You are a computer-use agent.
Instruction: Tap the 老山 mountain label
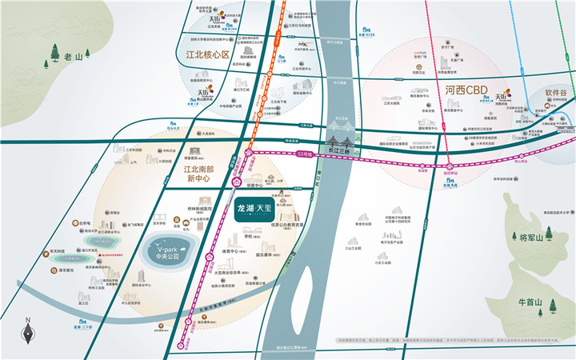pos(74,57)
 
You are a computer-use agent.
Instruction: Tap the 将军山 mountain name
pos(530,238)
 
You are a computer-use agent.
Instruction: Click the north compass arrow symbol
pos(27,330)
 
